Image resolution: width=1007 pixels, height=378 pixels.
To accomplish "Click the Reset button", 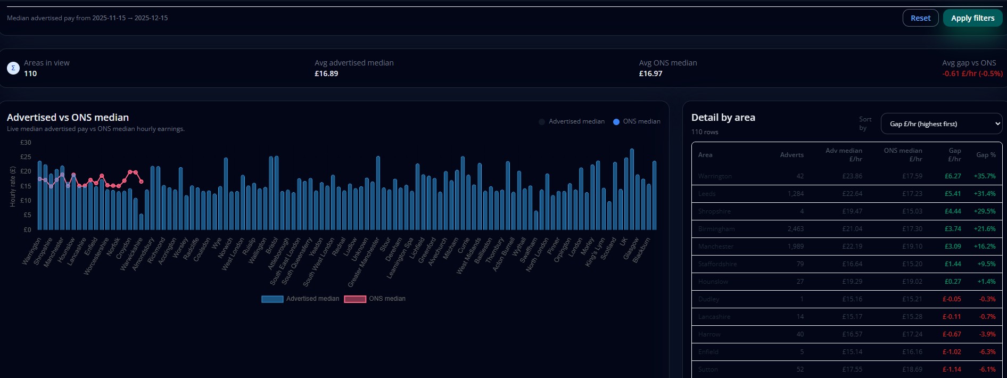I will (x=920, y=18).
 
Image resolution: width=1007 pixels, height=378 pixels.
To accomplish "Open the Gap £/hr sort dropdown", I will (x=941, y=124).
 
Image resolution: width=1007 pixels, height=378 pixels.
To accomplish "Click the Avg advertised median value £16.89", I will (x=326, y=73).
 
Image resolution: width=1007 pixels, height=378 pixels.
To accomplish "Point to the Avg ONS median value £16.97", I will (x=650, y=73).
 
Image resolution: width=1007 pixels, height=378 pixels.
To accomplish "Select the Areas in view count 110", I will (x=30, y=73).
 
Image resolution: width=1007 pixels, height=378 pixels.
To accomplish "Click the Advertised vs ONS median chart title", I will (x=68, y=117).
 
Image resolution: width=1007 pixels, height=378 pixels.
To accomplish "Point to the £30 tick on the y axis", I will (x=26, y=143).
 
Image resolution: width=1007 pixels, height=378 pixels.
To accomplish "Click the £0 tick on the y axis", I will (x=27, y=230).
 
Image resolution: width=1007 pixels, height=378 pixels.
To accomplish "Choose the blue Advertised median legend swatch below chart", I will (x=272, y=299).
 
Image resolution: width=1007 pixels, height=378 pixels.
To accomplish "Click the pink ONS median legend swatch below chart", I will (x=355, y=299).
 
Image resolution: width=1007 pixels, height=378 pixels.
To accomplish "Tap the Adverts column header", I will (x=791, y=155).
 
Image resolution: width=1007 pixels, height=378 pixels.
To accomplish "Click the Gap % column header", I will (x=986, y=155).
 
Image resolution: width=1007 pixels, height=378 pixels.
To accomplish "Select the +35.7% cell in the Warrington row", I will (x=984, y=176).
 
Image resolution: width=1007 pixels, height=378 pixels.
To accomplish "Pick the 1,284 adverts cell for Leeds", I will (x=796, y=194).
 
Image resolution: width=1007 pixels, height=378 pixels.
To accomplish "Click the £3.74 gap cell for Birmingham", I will (x=953, y=229).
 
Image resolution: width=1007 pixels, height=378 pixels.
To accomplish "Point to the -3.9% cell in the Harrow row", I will (x=987, y=334).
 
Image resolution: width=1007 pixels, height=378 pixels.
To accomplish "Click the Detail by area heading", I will (x=723, y=117).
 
